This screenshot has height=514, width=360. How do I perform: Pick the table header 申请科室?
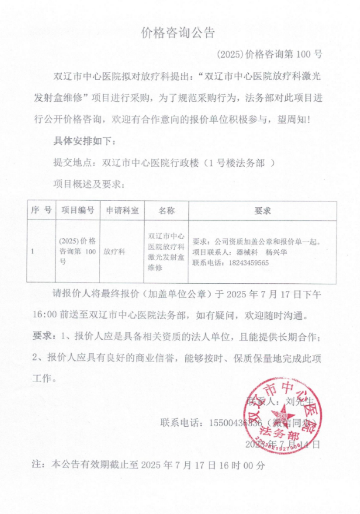(x=122, y=210)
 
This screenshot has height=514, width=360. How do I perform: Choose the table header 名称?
(x=166, y=210)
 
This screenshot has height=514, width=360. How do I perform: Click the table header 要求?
(x=262, y=210)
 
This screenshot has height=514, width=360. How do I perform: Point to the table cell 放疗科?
(x=115, y=251)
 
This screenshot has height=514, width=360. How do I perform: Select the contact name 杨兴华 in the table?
(x=276, y=252)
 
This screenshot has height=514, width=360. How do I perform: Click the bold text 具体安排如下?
(x=86, y=141)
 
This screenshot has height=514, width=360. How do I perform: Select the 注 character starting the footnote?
(x=37, y=465)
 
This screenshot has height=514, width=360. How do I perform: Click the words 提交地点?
(x=73, y=163)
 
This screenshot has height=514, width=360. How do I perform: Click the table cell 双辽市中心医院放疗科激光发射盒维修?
(x=166, y=251)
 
